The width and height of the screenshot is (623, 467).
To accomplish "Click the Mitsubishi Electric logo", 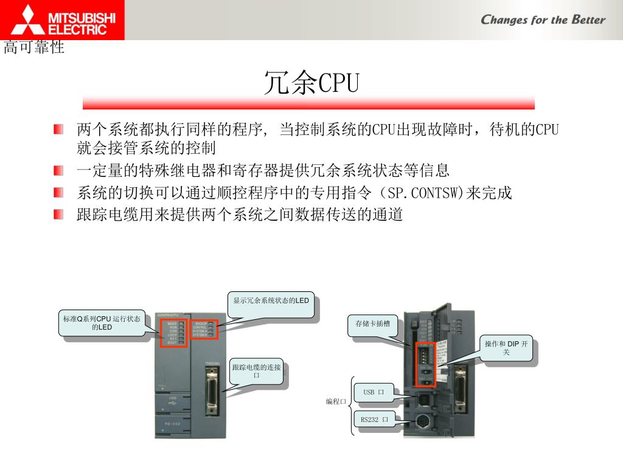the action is [x=62, y=19].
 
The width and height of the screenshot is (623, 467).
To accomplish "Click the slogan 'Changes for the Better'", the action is [x=543, y=19].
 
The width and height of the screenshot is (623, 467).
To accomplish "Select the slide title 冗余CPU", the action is [x=311, y=83].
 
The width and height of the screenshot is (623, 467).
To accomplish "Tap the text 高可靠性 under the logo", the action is [x=34, y=47].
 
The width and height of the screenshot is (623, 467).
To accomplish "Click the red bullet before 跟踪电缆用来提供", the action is [x=58, y=214].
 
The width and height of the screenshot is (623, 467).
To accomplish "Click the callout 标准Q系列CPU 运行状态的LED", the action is [x=102, y=323].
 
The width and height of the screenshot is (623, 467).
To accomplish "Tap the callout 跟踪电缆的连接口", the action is [x=256, y=372].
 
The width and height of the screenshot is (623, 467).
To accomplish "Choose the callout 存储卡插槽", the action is [x=372, y=324].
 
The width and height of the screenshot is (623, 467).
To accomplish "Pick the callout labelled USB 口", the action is [x=373, y=392].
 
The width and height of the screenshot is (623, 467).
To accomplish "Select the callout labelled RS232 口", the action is [x=374, y=420].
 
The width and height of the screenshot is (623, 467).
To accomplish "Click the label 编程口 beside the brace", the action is [x=335, y=402].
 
